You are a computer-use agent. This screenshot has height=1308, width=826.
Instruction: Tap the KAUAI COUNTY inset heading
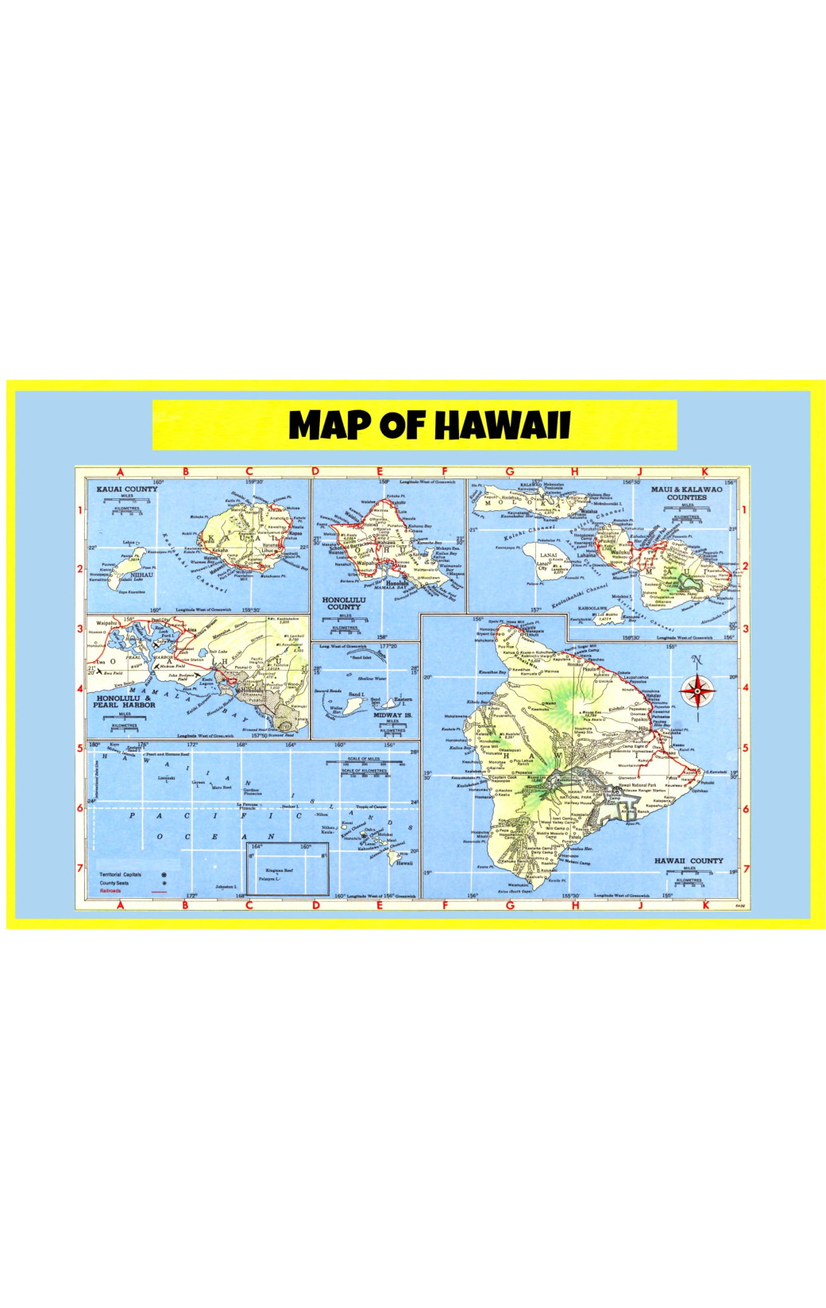127,489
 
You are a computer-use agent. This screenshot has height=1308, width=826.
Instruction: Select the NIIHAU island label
141,575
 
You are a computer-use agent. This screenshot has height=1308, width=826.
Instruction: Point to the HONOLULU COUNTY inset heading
344,603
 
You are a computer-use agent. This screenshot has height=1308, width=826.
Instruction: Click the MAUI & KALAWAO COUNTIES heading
686,493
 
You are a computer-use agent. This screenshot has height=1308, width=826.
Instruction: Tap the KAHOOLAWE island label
593,608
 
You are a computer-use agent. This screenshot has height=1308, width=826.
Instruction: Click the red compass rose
697,691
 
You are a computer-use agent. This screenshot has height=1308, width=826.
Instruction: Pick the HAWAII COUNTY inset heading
689,861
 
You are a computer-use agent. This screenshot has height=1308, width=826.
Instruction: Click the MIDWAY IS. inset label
392,715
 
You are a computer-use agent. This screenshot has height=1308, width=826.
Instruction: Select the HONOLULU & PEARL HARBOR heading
124,701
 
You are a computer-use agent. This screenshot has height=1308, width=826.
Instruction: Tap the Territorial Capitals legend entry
121,874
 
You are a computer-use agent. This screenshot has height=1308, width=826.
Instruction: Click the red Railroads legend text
110,891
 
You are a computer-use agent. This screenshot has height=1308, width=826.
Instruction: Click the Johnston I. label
226,886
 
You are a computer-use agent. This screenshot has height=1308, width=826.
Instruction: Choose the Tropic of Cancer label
372,807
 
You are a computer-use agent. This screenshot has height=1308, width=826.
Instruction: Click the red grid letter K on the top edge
704,471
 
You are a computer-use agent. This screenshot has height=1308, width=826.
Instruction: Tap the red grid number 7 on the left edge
80,868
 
